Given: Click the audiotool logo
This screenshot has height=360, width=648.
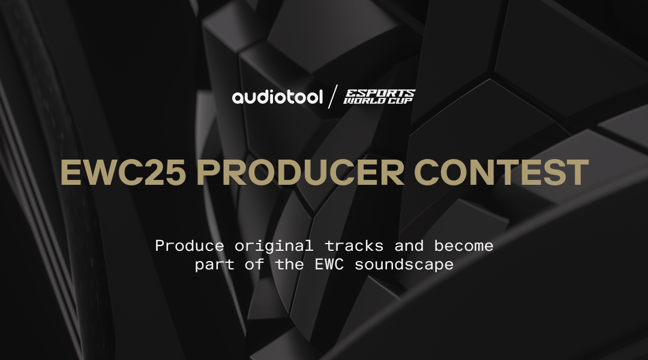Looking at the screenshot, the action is [277, 97].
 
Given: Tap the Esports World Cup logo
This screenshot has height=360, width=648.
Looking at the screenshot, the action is [379, 97].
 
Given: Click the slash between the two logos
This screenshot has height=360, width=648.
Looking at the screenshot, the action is [332, 97].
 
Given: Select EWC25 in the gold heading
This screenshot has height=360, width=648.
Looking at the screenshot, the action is [123, 172].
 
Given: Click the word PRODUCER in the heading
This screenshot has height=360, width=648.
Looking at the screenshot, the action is [301, 172].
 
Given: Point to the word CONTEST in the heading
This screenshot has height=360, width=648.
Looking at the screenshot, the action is [501, 172].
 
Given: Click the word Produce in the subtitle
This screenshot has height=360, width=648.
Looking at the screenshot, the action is [190, 247].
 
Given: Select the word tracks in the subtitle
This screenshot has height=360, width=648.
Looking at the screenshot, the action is [354, 247].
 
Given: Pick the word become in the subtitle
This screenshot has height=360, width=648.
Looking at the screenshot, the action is [464, 247].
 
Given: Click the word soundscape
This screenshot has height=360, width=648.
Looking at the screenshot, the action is [404, 265].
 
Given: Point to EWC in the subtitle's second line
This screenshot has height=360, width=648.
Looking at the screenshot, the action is [329, 265].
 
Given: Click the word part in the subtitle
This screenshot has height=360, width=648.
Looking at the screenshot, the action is [214, 265].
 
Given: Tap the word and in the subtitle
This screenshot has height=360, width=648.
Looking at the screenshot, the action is [409, 247].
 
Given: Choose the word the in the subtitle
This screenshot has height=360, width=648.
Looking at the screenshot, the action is [290, 264].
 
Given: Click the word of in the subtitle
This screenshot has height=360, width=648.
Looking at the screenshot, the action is [254, 264].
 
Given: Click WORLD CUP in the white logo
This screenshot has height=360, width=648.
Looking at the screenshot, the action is [378, 100].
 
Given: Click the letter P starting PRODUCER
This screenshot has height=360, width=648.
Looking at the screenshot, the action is [207, 172].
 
